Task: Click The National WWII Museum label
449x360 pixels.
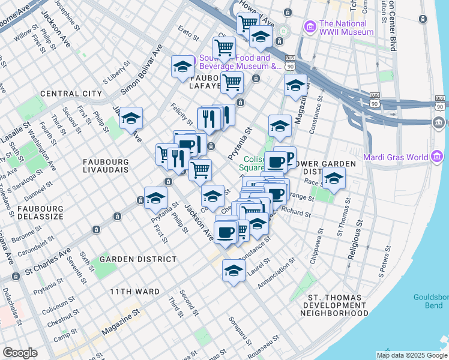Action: click(346, 28)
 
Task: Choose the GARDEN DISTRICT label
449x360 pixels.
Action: click(138, 259)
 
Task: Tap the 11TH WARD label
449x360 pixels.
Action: click(134, 292)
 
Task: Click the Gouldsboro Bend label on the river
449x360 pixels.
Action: click(430, 301)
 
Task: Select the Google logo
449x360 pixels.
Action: click(20, 353)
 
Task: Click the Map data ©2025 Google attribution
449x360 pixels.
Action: click(412, 355)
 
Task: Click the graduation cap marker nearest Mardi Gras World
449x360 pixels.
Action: click(334, 178)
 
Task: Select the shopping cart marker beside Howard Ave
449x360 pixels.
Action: click(247, 23)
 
